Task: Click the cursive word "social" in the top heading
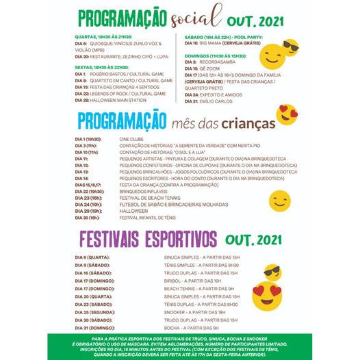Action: tap(198, 15)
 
